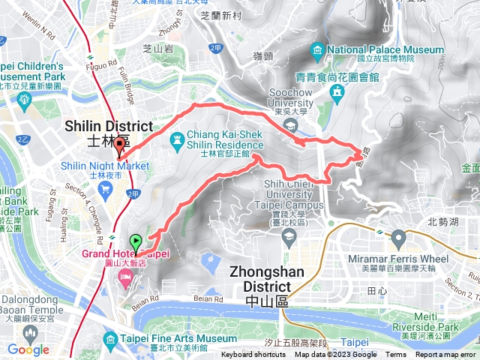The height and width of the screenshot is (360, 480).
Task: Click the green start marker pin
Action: tap(136, 243)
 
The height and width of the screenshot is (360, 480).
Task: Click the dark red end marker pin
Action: tap(119, 147)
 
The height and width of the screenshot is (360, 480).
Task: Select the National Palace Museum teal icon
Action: tap(318, 52)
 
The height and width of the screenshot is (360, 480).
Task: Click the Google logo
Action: tap(28, 349)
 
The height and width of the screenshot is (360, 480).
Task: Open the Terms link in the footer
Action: tap(396, 355)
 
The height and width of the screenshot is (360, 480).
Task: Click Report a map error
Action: tap(446, 355)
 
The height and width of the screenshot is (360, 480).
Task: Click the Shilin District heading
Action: tap(109, 127)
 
